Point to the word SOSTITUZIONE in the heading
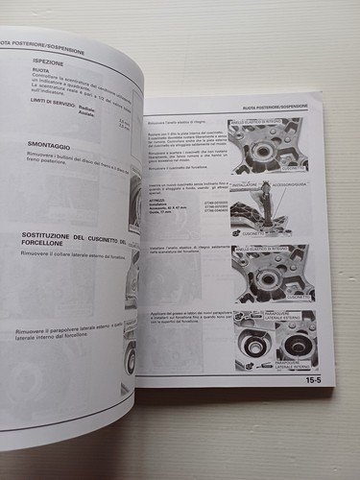tap(53, 235)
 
